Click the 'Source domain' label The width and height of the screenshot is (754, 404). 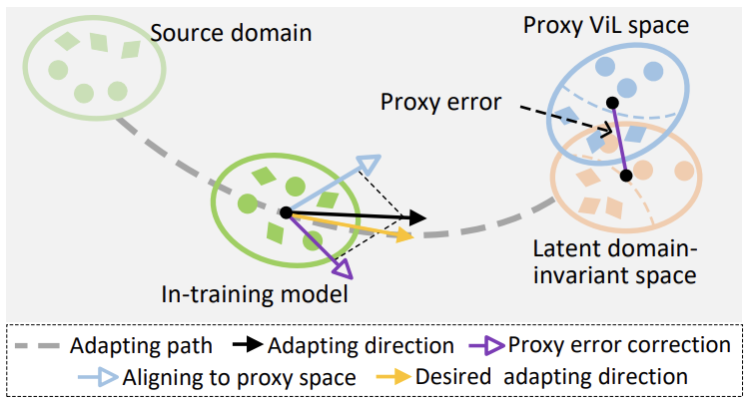click(231, 33)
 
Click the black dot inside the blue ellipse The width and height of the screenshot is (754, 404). click(612, 102)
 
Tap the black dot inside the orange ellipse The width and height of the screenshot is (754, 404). click(626, 176)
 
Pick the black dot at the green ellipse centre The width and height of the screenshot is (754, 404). click(286, 211)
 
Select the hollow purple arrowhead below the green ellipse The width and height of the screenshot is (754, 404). click(342, 267)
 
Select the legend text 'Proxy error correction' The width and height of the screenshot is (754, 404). click(619, 346)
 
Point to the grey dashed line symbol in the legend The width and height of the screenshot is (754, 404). click(41, 347)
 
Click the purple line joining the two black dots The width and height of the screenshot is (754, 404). click(619, 140)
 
